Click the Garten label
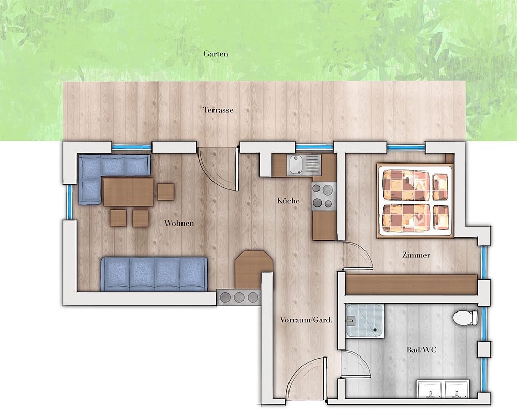(x=216, y=54)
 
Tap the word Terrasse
(x=218, y=110)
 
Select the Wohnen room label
(x=179, y=224)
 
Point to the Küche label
(x=288, y=201)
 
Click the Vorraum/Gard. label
(x=306, y=320)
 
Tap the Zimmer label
(x=416, y=255)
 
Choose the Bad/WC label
(x=422, y=350)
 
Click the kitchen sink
(x=303, y=165)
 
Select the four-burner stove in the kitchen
(x=323, y=196)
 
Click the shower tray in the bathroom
(x=365, y=321)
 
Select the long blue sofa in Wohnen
(x=154, y=274)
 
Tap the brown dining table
(x=128, y=191)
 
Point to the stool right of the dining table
(x=165, y=192)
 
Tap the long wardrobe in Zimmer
(x=411, y=285)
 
